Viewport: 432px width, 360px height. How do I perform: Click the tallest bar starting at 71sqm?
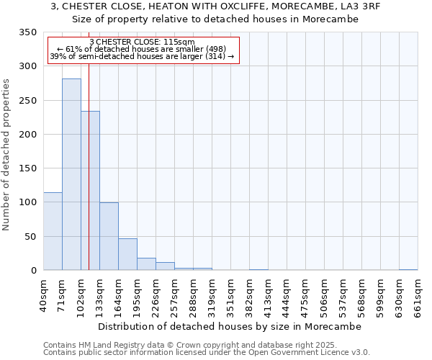[x=71, y=174]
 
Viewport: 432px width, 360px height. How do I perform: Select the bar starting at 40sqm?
[x=53, y=231]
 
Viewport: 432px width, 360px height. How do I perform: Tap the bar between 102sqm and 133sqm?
[x=90, y=191]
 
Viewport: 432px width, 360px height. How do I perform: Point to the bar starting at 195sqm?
[x=146, y=264]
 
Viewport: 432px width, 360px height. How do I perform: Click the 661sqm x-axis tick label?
[x=418, y=295]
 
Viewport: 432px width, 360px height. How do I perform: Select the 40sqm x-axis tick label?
[x=43, y=295]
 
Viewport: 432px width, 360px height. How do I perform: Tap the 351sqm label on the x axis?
[x=230, y=295]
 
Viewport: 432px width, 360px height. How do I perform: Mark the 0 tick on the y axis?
[x=33, y=271]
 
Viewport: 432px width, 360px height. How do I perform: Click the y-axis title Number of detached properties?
[x=7, y=154]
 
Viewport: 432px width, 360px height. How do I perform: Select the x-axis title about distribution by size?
[x=229, y=326]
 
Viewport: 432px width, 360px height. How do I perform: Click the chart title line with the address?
[x=215, y=6]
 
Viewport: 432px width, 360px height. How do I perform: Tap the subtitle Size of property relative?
[x=215, y=19]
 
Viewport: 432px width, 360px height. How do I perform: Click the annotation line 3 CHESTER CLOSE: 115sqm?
[x=142, y=42]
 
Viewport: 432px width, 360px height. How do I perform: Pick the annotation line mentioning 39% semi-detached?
[x=142, y=56]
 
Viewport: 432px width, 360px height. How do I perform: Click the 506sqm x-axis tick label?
[x=324, y=295]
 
